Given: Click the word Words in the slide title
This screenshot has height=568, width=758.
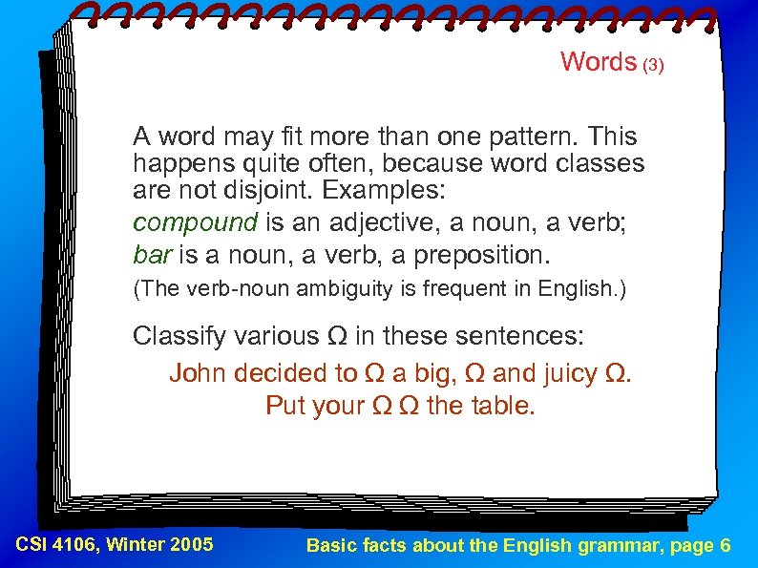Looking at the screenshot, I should point(598,62).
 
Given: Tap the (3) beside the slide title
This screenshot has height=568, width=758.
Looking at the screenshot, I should point(652,65).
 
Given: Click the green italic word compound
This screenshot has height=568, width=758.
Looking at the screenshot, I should point(195,223).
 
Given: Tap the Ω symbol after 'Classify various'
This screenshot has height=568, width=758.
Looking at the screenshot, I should point(336,336).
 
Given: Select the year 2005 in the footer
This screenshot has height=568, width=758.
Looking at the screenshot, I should point(192,545).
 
